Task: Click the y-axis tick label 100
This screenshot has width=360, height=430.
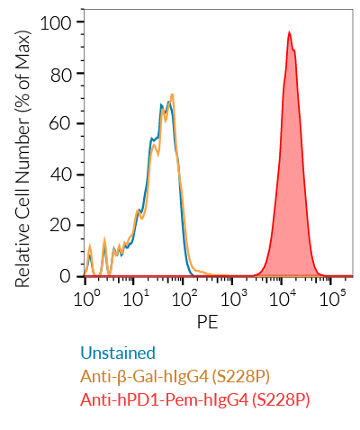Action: click(64, 22)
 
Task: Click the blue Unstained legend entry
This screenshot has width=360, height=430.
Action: click(118, 353)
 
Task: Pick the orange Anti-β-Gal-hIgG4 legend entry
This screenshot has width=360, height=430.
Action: click(175, 376)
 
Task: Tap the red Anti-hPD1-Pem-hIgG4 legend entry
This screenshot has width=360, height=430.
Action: click(194, 399)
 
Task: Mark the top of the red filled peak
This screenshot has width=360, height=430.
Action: click(290, 32)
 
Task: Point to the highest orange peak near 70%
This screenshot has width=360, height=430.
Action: click(170, 94)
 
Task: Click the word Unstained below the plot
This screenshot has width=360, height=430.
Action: click(118, 353)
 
